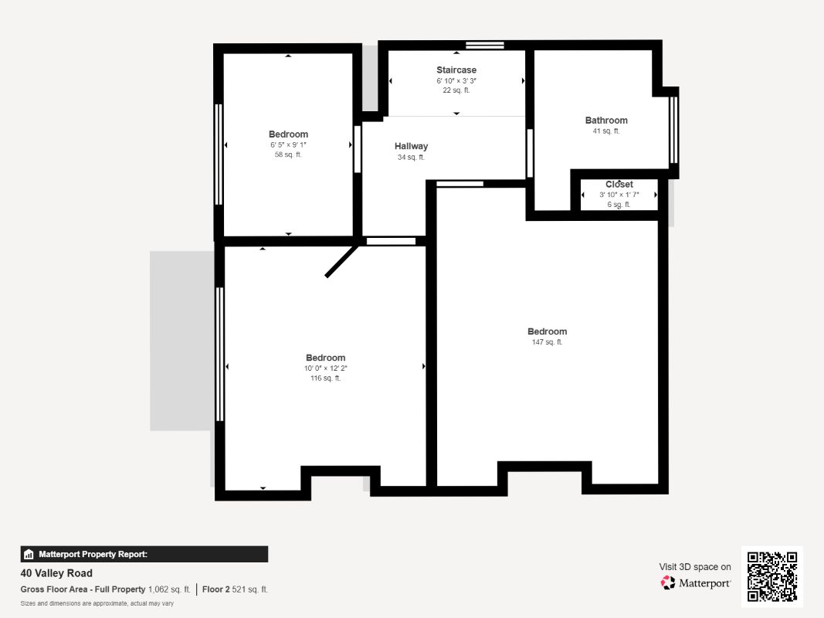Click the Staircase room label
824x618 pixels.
click(x=456, y=70)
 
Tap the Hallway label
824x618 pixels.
click(x=411, y=146)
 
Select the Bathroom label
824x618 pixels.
click(x=606, y=121)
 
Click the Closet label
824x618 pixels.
click(x=619, y=185)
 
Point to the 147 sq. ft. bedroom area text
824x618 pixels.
click(x=547, y=342)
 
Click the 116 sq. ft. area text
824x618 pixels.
click(x=325, y=379)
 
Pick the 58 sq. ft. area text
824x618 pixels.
click(x=288, y=155)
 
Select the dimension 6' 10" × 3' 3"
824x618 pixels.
click(x=456, y=81)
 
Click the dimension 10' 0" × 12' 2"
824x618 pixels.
click(x=325, y=368)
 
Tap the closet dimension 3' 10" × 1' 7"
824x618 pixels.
click(x=619, y=195)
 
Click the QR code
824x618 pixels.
click(x=772, y=576)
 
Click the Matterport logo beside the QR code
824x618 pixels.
click(x=695, y=582)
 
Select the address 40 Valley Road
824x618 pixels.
click(x=56, y=573)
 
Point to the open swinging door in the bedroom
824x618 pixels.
click(x=342, y=260)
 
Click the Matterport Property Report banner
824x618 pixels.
click(x=144, y=555)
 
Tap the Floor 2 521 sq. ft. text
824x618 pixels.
click(x=235, y=589)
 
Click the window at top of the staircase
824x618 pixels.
click(x=484, y=46)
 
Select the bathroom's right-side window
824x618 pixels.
click(x=673, y=130)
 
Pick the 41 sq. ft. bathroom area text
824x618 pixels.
click(x=606, y=131)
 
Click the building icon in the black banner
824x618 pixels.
click(x=29, y=555)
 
